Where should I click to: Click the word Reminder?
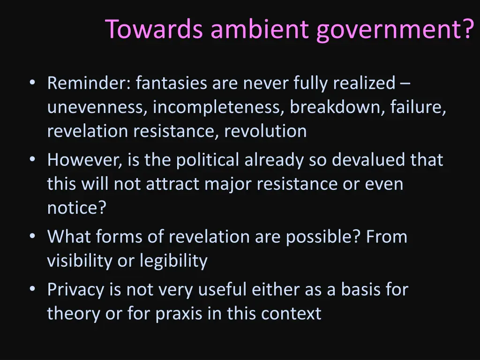[89, 83]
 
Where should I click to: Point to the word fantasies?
[172, 83]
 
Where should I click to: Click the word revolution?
[265, 131]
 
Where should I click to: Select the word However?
[85, 160]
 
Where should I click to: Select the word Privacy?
[76, 290]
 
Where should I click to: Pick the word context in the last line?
[291, 314]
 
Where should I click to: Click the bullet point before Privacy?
[32, 289]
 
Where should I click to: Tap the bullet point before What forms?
[32, 237]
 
